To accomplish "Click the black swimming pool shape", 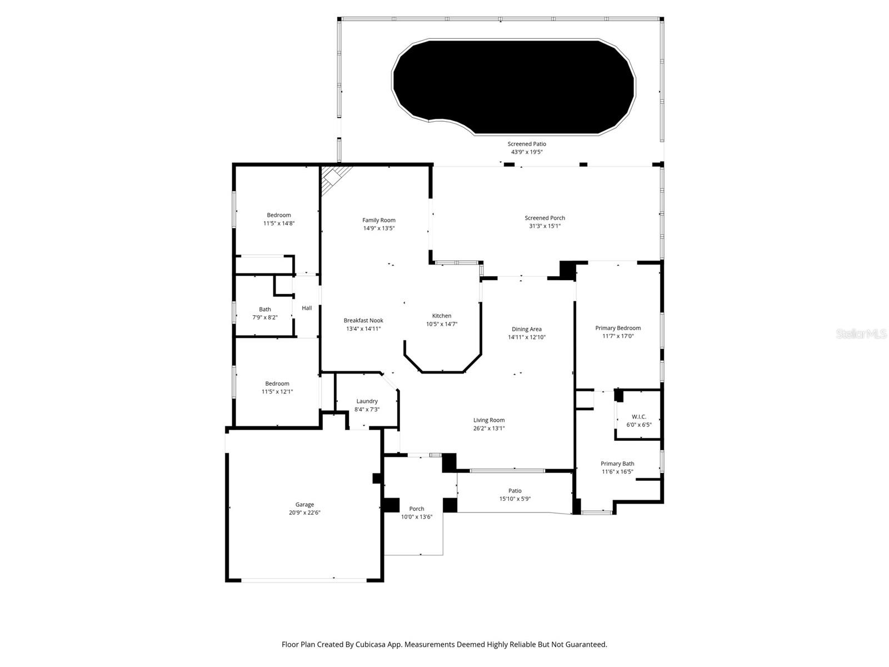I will coord(514,86).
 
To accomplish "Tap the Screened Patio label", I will coord(527,144).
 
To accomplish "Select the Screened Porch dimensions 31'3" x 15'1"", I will coord(545,226).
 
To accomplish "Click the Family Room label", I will coord(379,220).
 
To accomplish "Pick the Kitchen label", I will coord(442,316).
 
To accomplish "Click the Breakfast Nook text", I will coord(363,320).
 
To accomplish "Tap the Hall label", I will coord(307,308).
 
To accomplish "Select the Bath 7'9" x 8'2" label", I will coord(265,313).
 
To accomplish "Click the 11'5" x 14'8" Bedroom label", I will coord(278,219).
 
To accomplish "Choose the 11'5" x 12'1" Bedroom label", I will coord(277,387).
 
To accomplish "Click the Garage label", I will coord(304,505).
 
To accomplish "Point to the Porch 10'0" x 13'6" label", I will coord(417,512).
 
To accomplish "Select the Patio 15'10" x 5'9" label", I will coord(515,495).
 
